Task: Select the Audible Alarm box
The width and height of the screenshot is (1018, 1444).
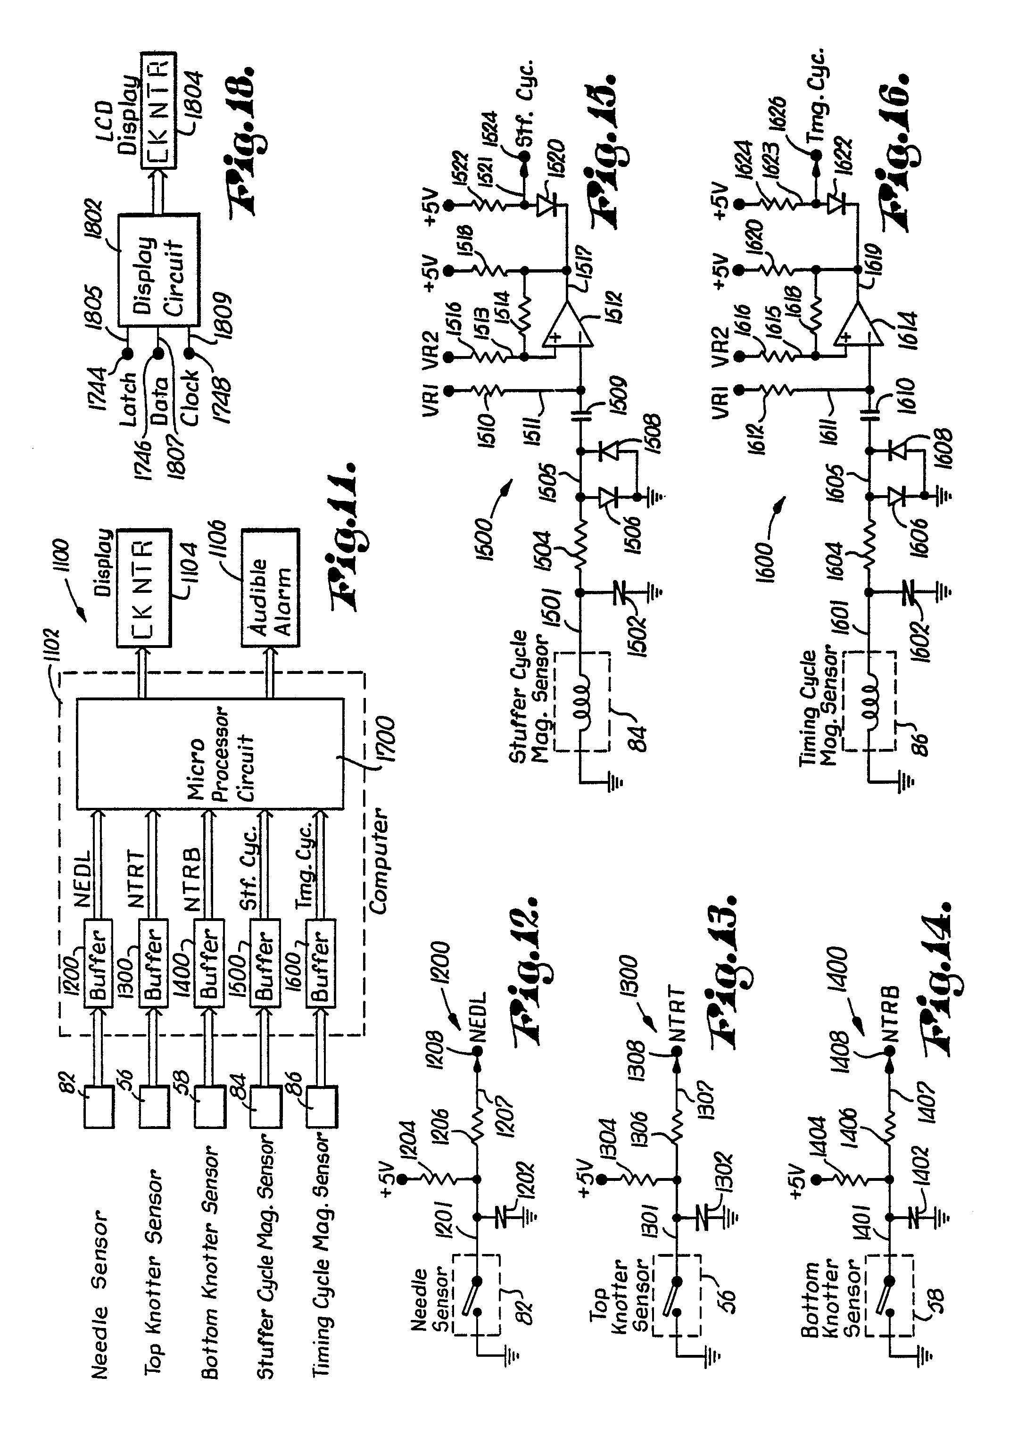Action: pos(270,588)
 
